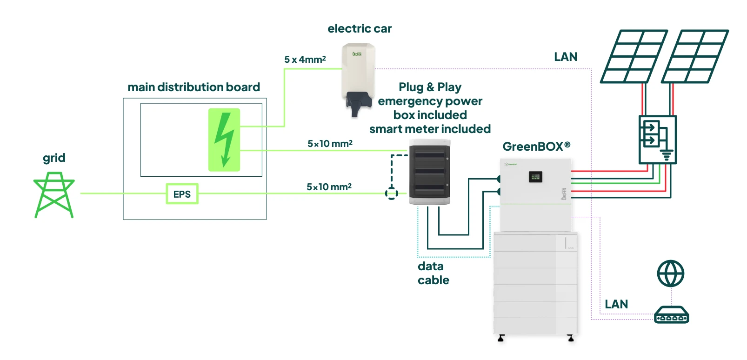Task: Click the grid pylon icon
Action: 54,195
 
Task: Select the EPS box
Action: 182,194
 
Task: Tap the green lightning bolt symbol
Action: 224,140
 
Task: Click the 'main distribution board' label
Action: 193,87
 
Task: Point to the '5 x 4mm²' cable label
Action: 305,60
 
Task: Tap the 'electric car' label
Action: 360,29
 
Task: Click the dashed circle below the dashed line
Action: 392,193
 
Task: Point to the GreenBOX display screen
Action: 535,177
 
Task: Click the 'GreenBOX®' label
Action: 536,147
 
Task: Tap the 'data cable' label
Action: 433,273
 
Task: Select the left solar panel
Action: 634,57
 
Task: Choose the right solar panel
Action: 695,57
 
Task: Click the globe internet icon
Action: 670,273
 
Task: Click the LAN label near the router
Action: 616,304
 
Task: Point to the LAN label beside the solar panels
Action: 566,57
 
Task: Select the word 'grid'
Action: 54,158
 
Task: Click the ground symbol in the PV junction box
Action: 667,155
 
